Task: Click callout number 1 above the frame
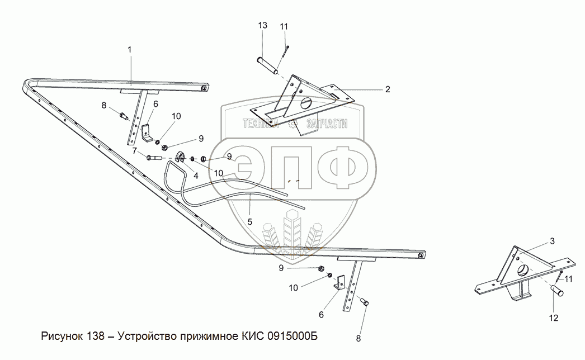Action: pos(130,50)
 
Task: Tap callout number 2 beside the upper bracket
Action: pos(387,89)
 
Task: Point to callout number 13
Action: pos(263,26)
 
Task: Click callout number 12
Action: pos(554,318)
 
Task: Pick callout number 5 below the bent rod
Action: pos(249,222)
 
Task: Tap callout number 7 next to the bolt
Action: pos(135,151)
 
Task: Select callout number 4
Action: pos(196,175)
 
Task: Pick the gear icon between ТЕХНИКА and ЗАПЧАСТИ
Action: pos(291,124)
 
